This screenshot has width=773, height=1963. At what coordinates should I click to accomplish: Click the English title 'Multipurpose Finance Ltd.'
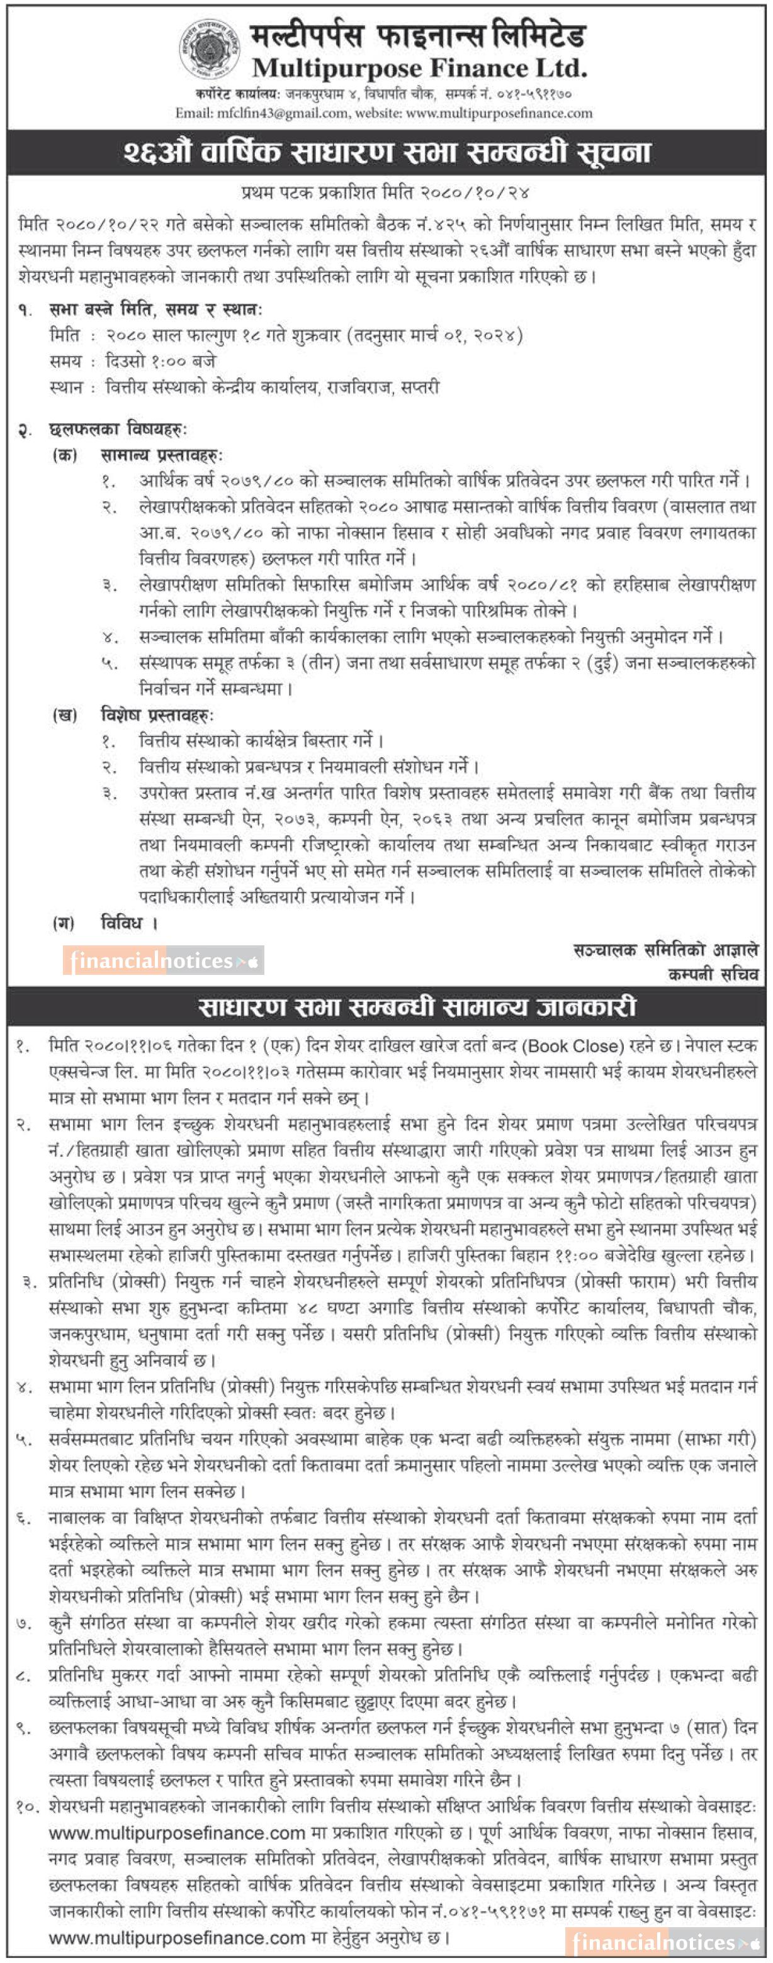point(419,69)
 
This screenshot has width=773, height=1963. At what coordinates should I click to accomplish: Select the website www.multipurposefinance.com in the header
point(499,113)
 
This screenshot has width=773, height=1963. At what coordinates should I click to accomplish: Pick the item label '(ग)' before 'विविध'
point(64,923)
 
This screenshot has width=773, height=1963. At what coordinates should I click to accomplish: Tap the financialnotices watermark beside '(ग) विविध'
point(163,961)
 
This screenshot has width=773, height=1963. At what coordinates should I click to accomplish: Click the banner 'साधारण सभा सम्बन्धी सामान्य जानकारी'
point(417,1008)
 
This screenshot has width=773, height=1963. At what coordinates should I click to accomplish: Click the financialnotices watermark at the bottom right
point(665,1942)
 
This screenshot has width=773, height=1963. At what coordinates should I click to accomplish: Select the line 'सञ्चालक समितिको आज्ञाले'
point(665,950)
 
